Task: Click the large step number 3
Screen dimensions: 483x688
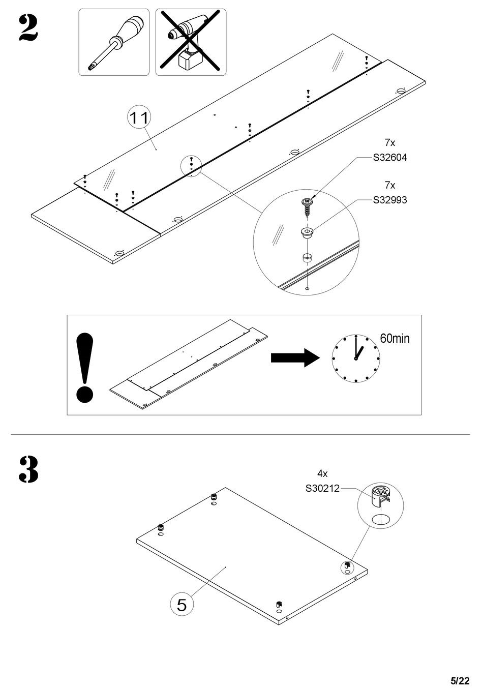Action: click(x=28, y=469)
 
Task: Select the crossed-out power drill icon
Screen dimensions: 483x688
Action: click(x=191, y=42)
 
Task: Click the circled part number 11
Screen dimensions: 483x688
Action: click(x=139, y=117)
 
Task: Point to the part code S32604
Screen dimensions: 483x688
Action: click(x=389, y=158)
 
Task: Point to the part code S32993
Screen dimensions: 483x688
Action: click(x=389, y=200)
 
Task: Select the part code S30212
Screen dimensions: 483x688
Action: click(x=322, y=488)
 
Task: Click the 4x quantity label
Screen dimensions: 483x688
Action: click(x=322, y=473)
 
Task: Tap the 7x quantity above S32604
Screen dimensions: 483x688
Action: click(x=389, y=142)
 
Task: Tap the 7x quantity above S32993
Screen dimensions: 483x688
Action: click(x=389, y=185)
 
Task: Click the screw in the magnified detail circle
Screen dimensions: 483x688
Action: click(x=307, y=208)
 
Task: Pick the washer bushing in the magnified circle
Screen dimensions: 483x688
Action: click(x=307, y=233)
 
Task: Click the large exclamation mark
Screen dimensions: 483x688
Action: click(x=84, y=368)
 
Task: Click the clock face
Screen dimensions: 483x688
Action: click(x=356, y=358)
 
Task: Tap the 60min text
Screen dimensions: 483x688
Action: click(x=395, y=338)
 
